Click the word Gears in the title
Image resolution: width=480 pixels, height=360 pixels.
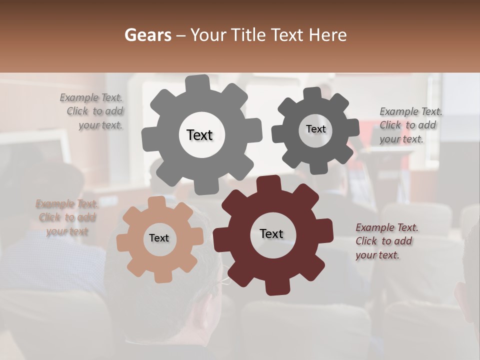pos(147,35)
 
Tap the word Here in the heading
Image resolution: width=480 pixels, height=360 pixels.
pos(328,35)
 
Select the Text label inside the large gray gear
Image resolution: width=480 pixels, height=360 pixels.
pos(199,135)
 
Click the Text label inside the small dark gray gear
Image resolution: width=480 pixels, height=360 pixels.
pos(315,129)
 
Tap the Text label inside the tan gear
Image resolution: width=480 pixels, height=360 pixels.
pos(159,238)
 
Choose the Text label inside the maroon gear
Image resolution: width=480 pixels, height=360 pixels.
pos(271,233)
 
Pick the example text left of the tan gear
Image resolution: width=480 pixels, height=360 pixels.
pos(67,217)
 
